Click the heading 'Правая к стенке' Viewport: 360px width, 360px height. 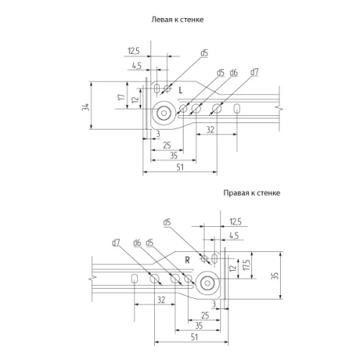(x=251, y=193)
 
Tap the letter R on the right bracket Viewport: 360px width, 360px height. (x=186, y=259)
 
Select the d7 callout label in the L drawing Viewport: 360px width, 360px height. (x=254, y=73)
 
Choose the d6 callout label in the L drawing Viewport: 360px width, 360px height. (x=233, y=73)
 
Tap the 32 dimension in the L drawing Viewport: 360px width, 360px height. (x=210, y=128)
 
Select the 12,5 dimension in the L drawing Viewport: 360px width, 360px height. (x=133, y=50)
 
